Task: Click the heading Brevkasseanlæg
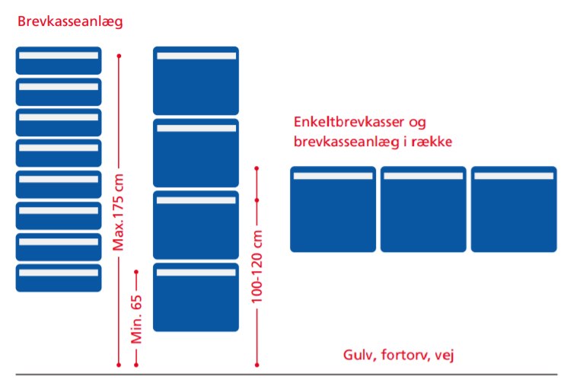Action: coord(70,21)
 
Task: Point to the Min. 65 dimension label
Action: coord(138,318)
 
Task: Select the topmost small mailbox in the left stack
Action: coord(59,60)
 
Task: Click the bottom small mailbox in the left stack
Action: coord(59,277)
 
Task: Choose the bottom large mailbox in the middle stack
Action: coord(196,297)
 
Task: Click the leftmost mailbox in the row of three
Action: coord(333,209)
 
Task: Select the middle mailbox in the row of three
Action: coord(423,209)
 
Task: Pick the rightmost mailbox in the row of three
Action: coord(514,209)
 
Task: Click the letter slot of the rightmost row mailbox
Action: coord(514,176)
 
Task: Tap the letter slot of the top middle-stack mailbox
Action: coord(196,57)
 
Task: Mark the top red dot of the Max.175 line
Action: coord(119,56)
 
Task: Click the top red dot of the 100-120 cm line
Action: coord(257,167)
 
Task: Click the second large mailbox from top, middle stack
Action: coord(196,152)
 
